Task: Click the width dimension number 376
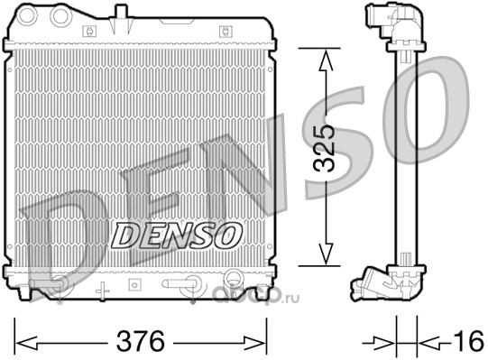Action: (x=140, y=341)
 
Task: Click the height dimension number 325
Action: (x=324, y=149)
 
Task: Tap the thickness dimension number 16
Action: (x=469, y=341)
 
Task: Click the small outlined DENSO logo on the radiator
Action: (x=177, y=235)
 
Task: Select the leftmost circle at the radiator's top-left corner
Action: (x=27, y=15)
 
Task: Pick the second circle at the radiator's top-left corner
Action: (x=60, y=15)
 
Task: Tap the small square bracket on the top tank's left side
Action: (x=89, y=32)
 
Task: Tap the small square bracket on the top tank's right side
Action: (x=226, y=32)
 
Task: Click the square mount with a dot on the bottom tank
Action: (x=134, y=284)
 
